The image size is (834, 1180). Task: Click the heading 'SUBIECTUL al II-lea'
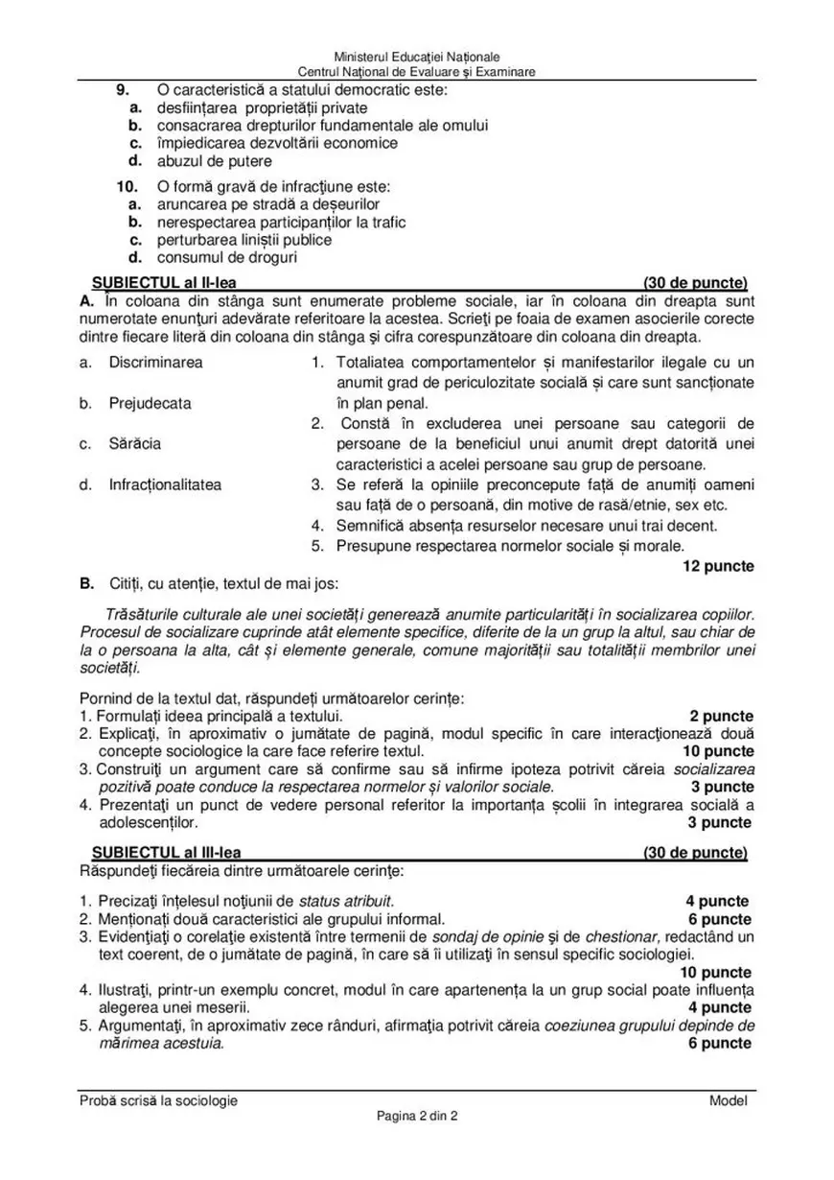pos(164,283)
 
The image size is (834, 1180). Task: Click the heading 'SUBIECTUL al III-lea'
pos(167,853)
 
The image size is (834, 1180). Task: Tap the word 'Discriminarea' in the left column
pos(155,363)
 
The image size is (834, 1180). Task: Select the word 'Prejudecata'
pos(150,403)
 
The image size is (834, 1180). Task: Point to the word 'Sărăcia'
pos(134,444)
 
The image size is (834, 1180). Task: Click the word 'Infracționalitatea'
pos(165,484)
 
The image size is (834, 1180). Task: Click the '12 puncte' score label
pos(717,566)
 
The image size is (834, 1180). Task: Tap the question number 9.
pos(123,90)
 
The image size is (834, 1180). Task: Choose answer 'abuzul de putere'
pos(214,161)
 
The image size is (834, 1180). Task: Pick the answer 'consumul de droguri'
pos(226,257)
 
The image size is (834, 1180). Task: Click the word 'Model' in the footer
pos(728,1100)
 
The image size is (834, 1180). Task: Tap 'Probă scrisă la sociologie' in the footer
pos(158,1100)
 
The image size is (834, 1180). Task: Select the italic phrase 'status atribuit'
pos(345,901)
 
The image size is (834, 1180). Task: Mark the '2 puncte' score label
pos(721,716)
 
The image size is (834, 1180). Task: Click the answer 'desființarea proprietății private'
pos(262,107)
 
